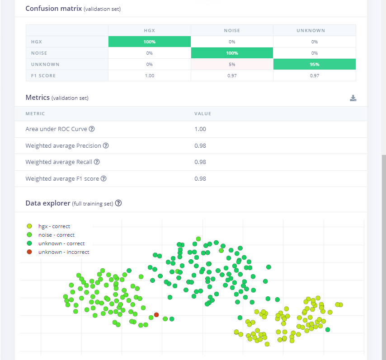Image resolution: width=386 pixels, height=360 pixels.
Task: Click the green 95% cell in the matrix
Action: (x=315, y=64)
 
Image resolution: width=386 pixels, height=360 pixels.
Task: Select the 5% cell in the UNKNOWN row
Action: (x=232, y=64)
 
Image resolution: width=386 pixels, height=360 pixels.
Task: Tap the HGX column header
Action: (x=150, y=31)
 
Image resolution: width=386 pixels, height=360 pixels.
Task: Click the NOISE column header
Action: (x=232, y=31)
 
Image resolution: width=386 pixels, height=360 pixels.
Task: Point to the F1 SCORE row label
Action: (x=43, y=76)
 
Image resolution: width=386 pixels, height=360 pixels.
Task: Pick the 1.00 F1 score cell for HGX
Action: (x=150, y=76)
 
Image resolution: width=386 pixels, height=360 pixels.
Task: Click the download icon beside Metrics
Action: (x=353, y=98)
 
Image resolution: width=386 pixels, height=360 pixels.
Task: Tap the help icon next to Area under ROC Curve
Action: (x=92, y=129)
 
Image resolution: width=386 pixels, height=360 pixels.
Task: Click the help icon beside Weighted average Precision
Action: (x=106, y=145)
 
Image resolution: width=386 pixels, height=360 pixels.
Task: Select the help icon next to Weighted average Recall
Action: (x=97, y=162)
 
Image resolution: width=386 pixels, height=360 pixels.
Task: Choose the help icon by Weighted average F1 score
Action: (x=104, y=178)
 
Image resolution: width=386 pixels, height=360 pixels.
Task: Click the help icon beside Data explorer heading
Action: (x=118, y=203)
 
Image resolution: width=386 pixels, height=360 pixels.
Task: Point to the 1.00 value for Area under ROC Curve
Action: (x=200, y=129)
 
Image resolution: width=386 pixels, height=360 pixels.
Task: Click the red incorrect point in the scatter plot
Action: (x=156, y=315)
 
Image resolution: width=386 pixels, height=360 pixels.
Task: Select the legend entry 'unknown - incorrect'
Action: (x=58, y=252)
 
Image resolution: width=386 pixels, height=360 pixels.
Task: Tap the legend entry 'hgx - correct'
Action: (x=48, y=226)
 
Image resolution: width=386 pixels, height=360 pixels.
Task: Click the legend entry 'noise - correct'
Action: (x=51, y=235)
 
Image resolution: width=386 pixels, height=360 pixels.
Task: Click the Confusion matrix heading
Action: (x=54, y=9)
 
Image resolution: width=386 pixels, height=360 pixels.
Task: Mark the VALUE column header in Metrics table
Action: (x=202, y=114)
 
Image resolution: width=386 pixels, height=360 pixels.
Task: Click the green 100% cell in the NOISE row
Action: (x=232, y=53)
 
